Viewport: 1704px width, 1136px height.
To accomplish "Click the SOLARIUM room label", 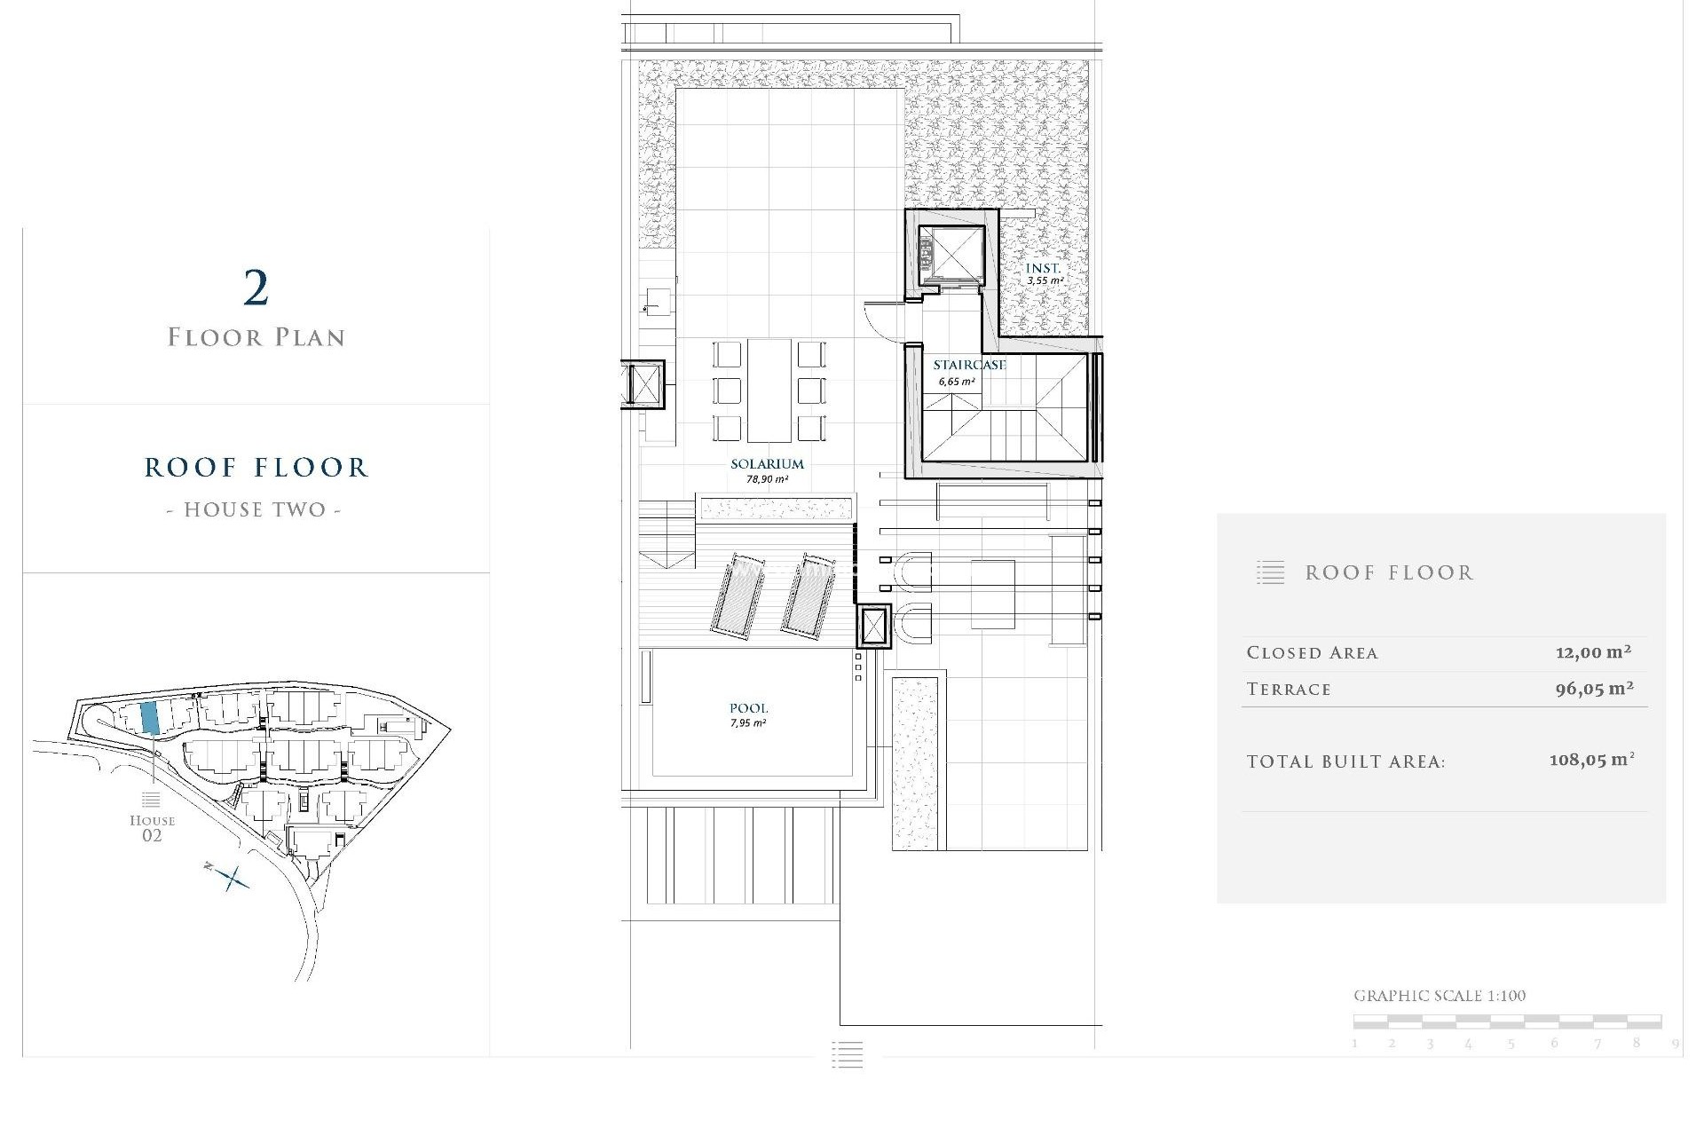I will (767, 463).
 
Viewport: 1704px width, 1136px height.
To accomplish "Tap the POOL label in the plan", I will (748, 708).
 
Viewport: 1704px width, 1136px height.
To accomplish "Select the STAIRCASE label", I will (969, 365).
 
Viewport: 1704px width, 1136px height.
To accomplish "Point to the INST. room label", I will (1043, 268).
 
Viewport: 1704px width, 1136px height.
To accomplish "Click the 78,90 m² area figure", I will (767, 479).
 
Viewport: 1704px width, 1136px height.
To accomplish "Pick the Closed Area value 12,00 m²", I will (1593, 652).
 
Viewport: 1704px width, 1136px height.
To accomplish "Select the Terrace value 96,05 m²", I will (1594, 689).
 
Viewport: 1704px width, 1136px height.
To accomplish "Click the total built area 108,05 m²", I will (1591, 761).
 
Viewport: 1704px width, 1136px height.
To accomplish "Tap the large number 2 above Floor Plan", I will (256, 288).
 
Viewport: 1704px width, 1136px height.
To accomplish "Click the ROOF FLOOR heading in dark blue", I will (256, 468).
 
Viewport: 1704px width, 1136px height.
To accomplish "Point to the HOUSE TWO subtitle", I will (255, 510).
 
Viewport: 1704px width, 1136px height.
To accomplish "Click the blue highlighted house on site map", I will (150, 717).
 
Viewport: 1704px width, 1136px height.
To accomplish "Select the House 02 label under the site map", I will (152, 827).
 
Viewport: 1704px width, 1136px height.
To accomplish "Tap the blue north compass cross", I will (233, 879).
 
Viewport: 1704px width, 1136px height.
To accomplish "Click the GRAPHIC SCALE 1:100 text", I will (1439, 996).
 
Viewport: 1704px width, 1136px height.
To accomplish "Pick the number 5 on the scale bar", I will (1510, 1044).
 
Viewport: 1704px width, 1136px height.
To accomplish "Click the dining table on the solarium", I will (769, 390).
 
